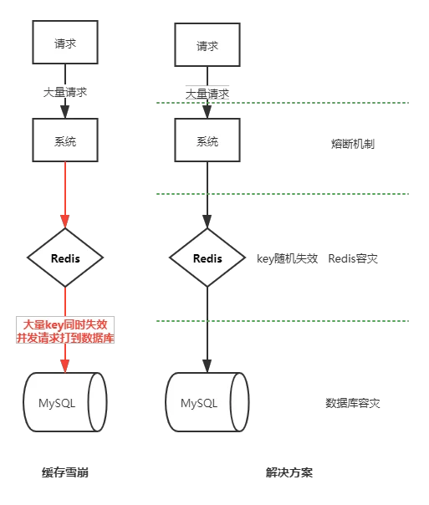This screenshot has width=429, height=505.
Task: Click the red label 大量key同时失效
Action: (65, 324)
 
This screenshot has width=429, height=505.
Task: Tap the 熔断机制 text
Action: (353, 144)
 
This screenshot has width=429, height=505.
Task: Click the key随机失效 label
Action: (288, 258)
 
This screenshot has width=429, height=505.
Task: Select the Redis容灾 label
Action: (353, 258)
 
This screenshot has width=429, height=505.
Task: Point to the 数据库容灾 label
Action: (353, 403)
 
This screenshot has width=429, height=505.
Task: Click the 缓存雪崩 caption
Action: (65, 472)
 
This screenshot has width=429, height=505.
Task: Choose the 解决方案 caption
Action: (289, 472)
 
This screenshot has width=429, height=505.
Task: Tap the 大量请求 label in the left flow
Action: (65, 93)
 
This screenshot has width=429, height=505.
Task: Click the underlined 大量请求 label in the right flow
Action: (207, 94)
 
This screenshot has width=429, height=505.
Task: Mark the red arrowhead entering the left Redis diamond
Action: (65, 222)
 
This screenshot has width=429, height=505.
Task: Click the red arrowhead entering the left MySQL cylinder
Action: (65, 366)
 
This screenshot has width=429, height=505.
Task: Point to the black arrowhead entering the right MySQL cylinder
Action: (207, 366)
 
